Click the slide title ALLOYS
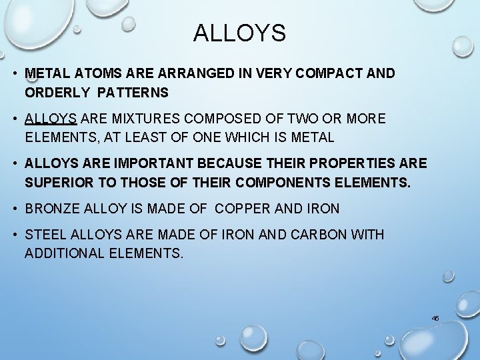[x=239, y=33]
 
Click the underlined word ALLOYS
[x=52, y=119]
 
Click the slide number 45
[x=435, y=319]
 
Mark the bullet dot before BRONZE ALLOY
[x=15, y=209]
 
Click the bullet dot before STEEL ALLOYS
[x=15, y=235]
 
